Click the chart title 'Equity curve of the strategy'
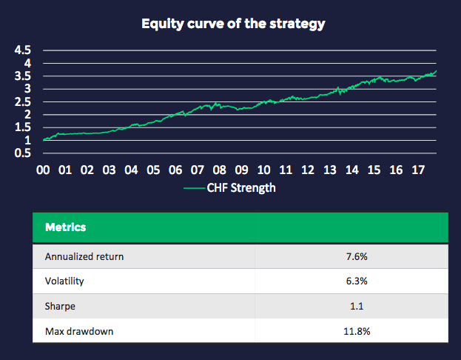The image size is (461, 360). tap(233, 23)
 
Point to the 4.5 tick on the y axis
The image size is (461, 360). tap(24, 50)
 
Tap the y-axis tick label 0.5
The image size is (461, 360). tap(24, 153)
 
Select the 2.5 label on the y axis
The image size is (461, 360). tap(24, 102)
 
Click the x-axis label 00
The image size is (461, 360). tap(43, 170)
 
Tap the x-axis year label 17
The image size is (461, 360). tap(418, 170)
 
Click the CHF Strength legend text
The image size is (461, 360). tap(241, 188)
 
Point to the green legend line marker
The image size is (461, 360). tap(194, 188)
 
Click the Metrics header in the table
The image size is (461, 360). tap(65, 227)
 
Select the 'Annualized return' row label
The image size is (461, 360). tap(84, 257)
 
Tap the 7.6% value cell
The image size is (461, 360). tap(351, 257)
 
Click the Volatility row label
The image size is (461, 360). tap(65, 281)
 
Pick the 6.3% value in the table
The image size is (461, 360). tap(351, 281)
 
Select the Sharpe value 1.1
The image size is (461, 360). tap(351, 306)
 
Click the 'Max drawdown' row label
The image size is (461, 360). tap(80, 330)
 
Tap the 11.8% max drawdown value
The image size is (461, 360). tap(351, 330)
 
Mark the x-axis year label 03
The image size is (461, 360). tap(110, 170)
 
